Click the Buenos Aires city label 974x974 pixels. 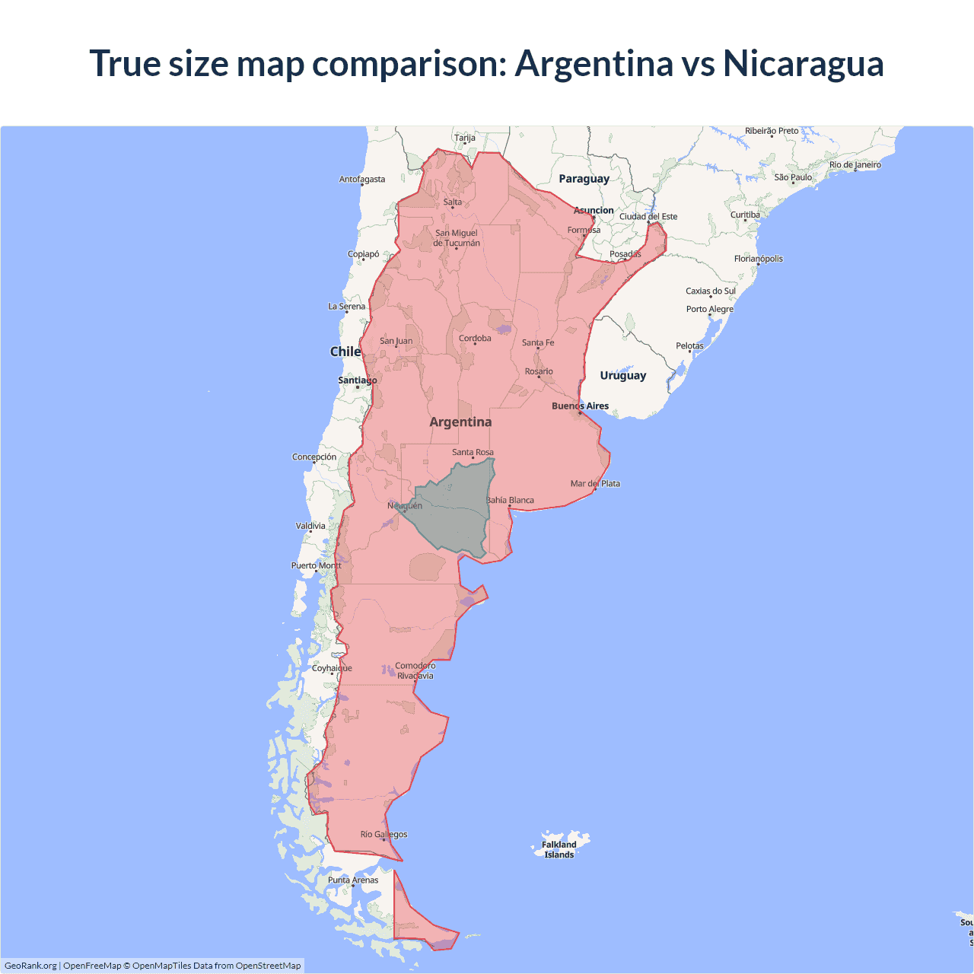point(580,406)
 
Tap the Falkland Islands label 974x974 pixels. point(559,849)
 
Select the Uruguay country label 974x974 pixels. point(622,375)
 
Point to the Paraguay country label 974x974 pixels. point(584,179)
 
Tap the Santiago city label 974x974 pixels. point(358,380)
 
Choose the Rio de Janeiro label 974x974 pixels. point(855,164)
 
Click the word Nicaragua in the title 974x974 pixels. point(803,63)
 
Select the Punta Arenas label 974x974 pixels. point(353,880)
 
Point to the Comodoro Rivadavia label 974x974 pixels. point(415,670)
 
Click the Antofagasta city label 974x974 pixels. point(362,180)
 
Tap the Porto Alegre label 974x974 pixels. point(709,309)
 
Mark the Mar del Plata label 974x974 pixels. point(595,483)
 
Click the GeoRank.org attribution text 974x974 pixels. point(30,966)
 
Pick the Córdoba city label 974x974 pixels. point(475,339)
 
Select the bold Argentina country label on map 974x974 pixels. point(460,422)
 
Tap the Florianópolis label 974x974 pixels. point(758,259)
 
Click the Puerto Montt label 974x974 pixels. point(316,565)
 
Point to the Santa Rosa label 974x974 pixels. point(473,452)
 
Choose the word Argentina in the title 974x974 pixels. point(594,63)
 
